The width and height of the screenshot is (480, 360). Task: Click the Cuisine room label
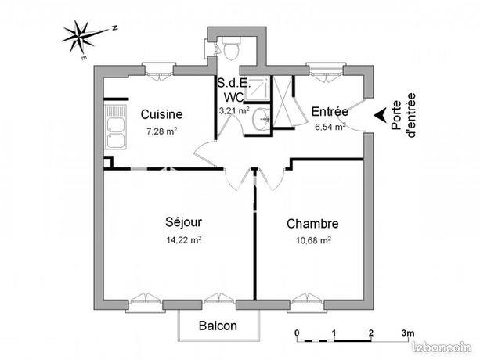click(x=161, y=115)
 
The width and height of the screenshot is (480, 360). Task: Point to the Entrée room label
click(x=330, y=111)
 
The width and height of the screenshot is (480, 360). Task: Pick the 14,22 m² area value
click(x=185, y=240)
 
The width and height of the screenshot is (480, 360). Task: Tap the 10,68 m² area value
click(x=313, y=240)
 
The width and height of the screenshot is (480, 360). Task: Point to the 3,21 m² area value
click(x=233, y=111)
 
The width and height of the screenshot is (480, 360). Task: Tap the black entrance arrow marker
click(x=380, y=117)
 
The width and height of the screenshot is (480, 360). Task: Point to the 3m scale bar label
click(x=408, y=333)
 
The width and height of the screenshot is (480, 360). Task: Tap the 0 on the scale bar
click(x=297, y=333)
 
